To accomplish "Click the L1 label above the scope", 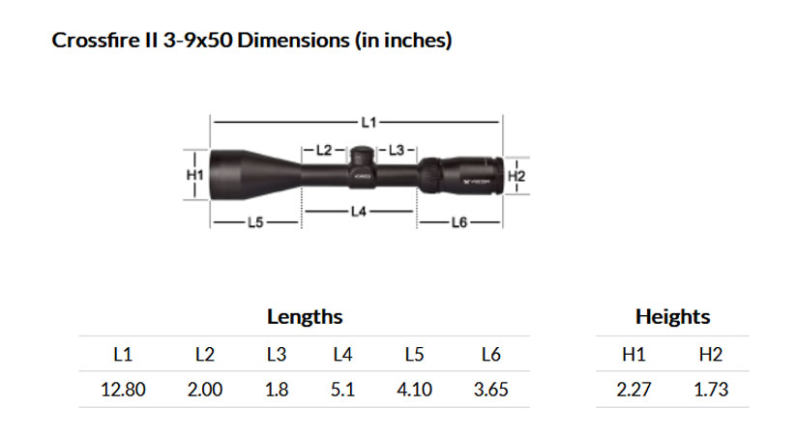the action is click(x=369, y=123).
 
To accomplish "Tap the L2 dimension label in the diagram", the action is click(x=324, y=150).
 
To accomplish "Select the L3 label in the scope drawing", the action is click(x=397, y=150).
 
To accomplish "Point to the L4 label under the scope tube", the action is click(x=359, y=211).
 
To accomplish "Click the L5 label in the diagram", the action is click(x=255, y=222).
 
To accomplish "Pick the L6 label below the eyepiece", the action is click(x=458, y=222).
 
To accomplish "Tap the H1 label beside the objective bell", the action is click(x=195, y=175).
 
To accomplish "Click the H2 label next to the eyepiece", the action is click(x=516, y=176).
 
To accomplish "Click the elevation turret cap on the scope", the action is click(x=362, y=155).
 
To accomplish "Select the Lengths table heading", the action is click(x=305, y=317).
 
